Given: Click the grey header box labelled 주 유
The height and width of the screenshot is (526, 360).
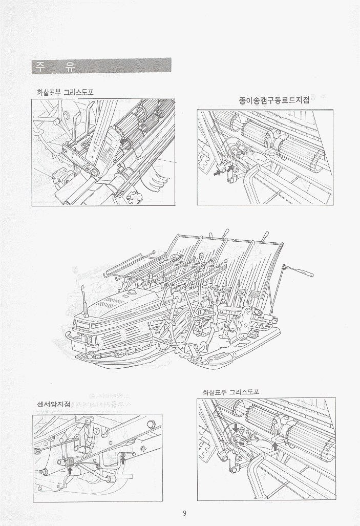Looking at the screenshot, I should [100, 66].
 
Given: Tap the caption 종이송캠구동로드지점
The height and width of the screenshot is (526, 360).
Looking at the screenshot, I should [274, 100].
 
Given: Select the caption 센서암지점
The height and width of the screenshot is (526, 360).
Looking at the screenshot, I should [54, 404].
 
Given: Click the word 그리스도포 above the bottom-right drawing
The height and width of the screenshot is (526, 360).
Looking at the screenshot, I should [244, 392].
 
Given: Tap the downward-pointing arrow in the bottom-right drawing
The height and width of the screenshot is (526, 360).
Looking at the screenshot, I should [236, 427].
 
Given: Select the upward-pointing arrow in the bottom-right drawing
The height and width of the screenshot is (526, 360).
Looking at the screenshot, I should [275, 447].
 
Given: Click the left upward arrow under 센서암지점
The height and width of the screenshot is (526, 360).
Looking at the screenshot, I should [70, 469].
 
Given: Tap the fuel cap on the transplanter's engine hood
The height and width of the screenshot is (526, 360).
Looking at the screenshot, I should [131, 293].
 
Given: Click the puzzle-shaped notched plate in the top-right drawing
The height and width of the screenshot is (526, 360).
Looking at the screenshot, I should [204, 154].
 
